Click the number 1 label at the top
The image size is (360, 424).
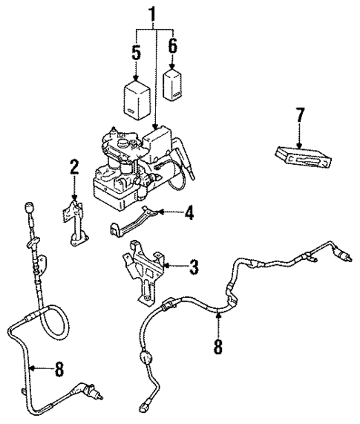point(154,14)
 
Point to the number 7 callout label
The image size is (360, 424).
point(299,116)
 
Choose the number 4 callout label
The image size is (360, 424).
point(189,215)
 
